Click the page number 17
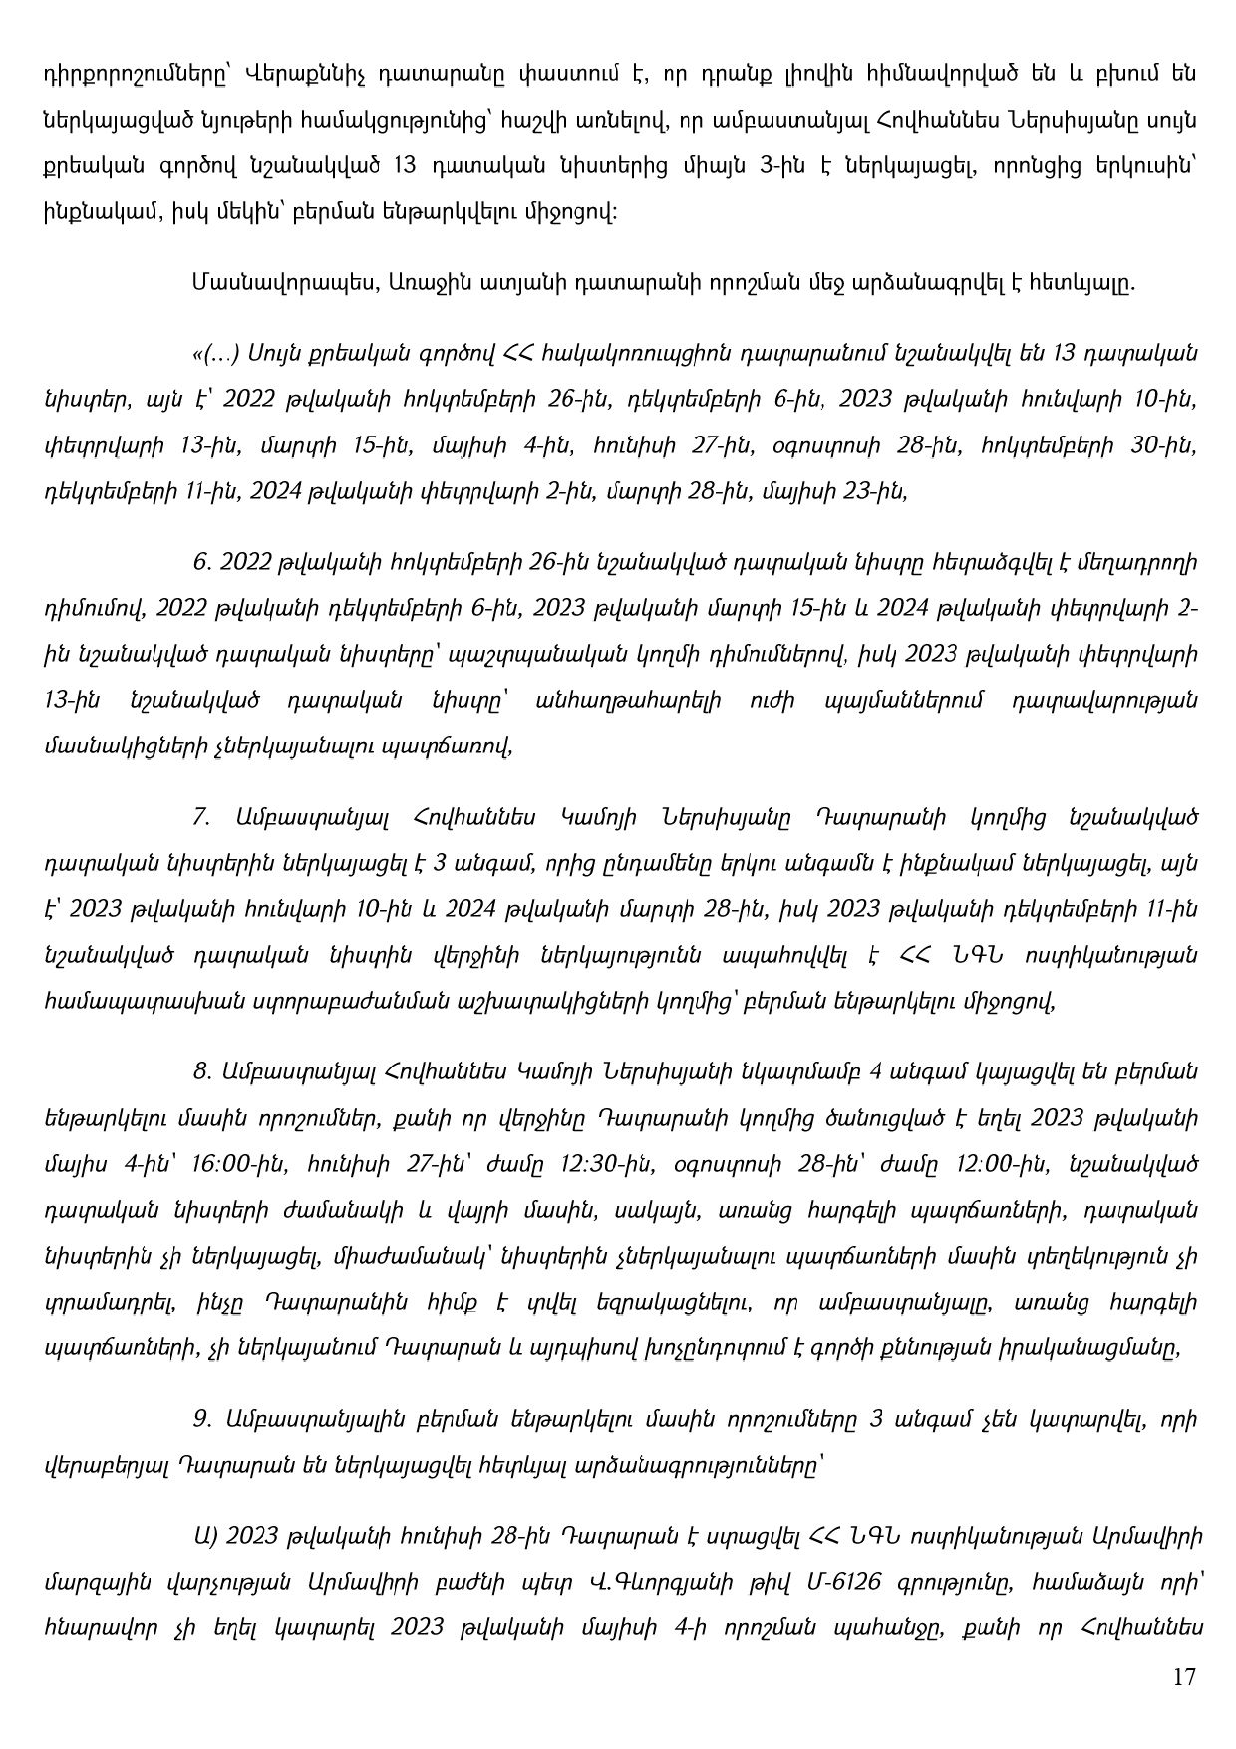point(1183,1676)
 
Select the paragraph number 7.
point(202,817)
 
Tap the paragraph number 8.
point(202,1072)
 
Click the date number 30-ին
point(1158,445)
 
